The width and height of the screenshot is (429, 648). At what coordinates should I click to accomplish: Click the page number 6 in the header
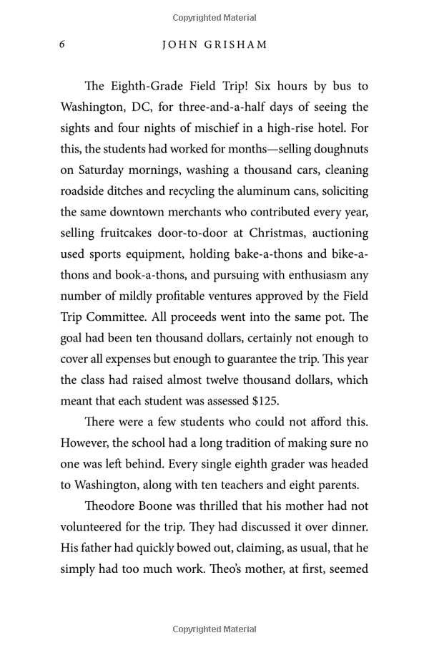[62, 44]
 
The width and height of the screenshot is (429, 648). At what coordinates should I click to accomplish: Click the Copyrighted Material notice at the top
[214, 17]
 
